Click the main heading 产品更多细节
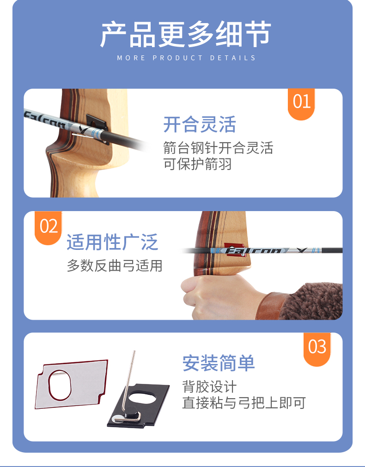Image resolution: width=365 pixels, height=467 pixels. pyautogui.click(x=185, y=34)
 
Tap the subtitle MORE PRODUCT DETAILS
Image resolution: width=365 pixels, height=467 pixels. pyautogui.click(x=186, y=58)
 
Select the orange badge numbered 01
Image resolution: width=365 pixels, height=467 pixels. pyautogui.click(x=301, y=103)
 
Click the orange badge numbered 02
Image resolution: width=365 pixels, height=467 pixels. pyautogui.click(x=48, y=227)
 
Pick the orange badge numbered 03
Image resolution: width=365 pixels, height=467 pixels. pyautogui.click(x=317, y=348)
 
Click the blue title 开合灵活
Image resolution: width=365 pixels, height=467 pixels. pyautogui.click(x=200, y=124)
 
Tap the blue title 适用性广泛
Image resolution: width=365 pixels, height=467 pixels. pyautogui.click(x=112, y=242)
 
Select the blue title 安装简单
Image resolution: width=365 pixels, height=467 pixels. pyautogui.click(x=219, y=363)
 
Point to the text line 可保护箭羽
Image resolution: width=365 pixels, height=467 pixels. pyautogui.click(x=197, y=164)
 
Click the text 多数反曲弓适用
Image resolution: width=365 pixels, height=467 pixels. pyautogui.click(x=115, y=265)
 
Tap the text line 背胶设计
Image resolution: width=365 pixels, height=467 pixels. pyautogui.click(x=209, y=386)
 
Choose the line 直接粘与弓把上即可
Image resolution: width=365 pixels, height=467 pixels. pyautogui.click(x=244, y=403)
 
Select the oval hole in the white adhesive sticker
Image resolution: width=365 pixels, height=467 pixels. pyautogui.click(x=60, y=386)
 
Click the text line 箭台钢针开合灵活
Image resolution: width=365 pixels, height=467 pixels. pyautogui.click(x=218, y=148)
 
